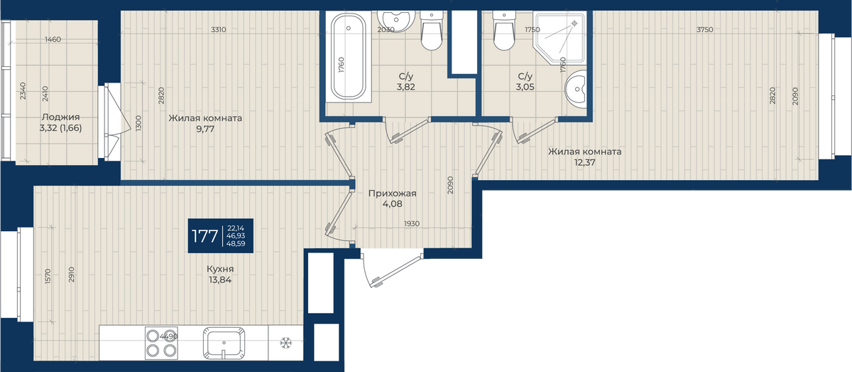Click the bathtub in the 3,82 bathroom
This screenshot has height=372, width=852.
click(x=348, y=56)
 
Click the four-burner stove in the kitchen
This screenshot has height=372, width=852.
click(x=161, y=343)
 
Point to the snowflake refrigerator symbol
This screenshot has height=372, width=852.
click(x=285, y=343)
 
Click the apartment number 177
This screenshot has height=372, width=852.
click(x=204, y=236)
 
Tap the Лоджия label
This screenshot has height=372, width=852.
click(x=61, y=117)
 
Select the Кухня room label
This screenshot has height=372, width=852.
click(x=220, y=269)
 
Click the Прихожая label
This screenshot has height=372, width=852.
click(x=392, y=193)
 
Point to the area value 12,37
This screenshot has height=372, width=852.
click(x=584, y=162)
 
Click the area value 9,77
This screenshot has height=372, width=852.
click(x=205, y=129)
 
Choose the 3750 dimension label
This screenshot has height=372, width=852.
click(x=705, y=29)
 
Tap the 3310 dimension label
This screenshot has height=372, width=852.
click(x=219, y=29)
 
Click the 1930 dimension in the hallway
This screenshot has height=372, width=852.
click(x=412, y=223)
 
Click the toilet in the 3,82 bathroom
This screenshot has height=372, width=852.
click(x=432, y=31)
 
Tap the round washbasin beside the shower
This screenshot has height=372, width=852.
click(x=576, y=89)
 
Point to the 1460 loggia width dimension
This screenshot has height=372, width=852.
click(x=53, y=39)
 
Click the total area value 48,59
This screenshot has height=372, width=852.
click(x=236, y=243)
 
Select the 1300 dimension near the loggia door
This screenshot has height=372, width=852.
click(x=138, y=123)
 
